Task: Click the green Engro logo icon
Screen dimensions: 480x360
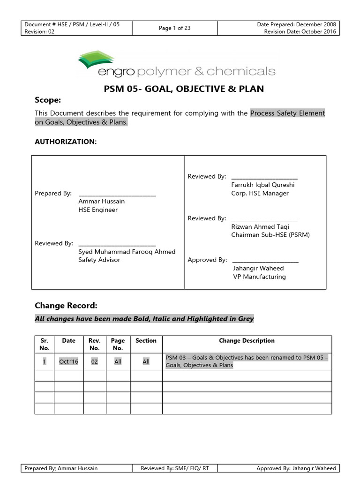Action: [x=97, y=60]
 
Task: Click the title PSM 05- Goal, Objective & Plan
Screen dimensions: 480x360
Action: [x=183, y=89]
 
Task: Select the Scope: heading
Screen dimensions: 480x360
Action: [x=48, y=100]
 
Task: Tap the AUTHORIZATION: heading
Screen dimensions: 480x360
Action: [x=66, y=141]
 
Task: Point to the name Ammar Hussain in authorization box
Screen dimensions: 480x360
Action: [x=101, y=202]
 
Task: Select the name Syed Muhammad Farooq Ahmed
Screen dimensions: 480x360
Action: [x=127, y=252]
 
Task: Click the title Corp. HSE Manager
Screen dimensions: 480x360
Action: [x=260, y=193]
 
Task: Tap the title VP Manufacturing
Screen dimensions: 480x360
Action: [x=259, y=277]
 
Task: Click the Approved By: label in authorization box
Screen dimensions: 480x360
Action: [x=207, y=260]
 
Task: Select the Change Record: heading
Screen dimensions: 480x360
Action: [x=66, y=306]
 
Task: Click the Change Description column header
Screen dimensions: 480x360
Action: [x=247, y=341]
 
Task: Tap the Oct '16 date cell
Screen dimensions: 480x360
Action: [x=68, y=361]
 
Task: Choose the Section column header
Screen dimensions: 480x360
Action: [x=146, y=341]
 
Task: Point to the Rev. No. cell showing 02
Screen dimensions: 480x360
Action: [x=94, y=361]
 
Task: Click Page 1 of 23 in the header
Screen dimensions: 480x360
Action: [x=174, y=28]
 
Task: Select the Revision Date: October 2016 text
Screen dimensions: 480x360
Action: [x=300, y=32]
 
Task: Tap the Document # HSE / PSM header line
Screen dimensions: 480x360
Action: [x=72, y=24]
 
